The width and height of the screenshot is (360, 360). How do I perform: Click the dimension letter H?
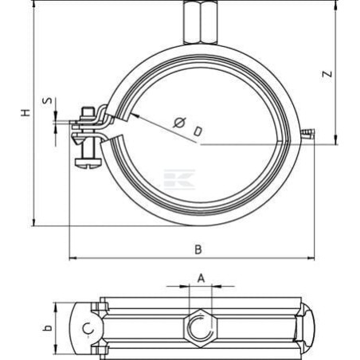tap(25, 112)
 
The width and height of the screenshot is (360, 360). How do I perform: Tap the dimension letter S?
tap(48, 101)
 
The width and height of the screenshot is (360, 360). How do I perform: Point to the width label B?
tap(198, 249)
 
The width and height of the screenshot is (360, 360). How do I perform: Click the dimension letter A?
tap(202, 279)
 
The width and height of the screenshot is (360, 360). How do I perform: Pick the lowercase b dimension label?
tap(47, 328)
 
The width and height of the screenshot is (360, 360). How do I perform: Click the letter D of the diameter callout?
tap(198, 131)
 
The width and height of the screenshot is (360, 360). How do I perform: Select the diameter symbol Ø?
tap(179, 123)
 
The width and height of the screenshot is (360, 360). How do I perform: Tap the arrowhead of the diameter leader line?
tap(135, 115)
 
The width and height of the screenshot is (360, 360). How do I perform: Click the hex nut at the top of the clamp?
tap(201, 22)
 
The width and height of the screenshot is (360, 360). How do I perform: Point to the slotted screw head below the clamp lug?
tap(88, 163)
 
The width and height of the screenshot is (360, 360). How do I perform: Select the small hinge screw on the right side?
tap(308, 134)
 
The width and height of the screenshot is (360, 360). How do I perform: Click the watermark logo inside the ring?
tap(179, 179)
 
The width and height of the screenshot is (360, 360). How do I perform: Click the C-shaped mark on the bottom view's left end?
tap(88, 329)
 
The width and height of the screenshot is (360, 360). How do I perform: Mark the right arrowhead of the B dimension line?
tap(311, 258)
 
